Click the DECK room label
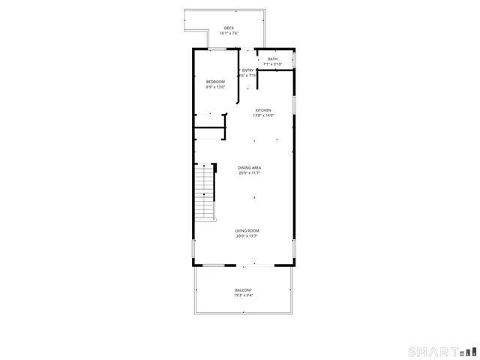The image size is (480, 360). point(229,28)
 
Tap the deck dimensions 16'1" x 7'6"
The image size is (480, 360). point(229,34)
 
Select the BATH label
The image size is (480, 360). point(272,59)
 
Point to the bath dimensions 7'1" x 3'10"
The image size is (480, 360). point(272,64)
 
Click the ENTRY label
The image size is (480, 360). point(247,70)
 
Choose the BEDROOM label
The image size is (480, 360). point(216,82)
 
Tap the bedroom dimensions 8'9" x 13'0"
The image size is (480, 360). point(216,87)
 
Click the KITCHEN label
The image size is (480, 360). point(263,110)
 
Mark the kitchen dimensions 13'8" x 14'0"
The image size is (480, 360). point(263,115)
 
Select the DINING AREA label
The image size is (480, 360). point(250,168)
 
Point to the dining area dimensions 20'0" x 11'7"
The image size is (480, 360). point(250,173)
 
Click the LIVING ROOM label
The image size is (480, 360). point(247,231)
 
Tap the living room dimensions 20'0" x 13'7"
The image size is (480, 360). point(247,236)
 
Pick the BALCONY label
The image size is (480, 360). point(243,290)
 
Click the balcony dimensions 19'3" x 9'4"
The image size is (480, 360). point(243,295)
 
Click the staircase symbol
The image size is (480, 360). point(204,193)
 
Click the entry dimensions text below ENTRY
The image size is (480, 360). point(247,76)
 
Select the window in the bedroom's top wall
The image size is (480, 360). point(217,49)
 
